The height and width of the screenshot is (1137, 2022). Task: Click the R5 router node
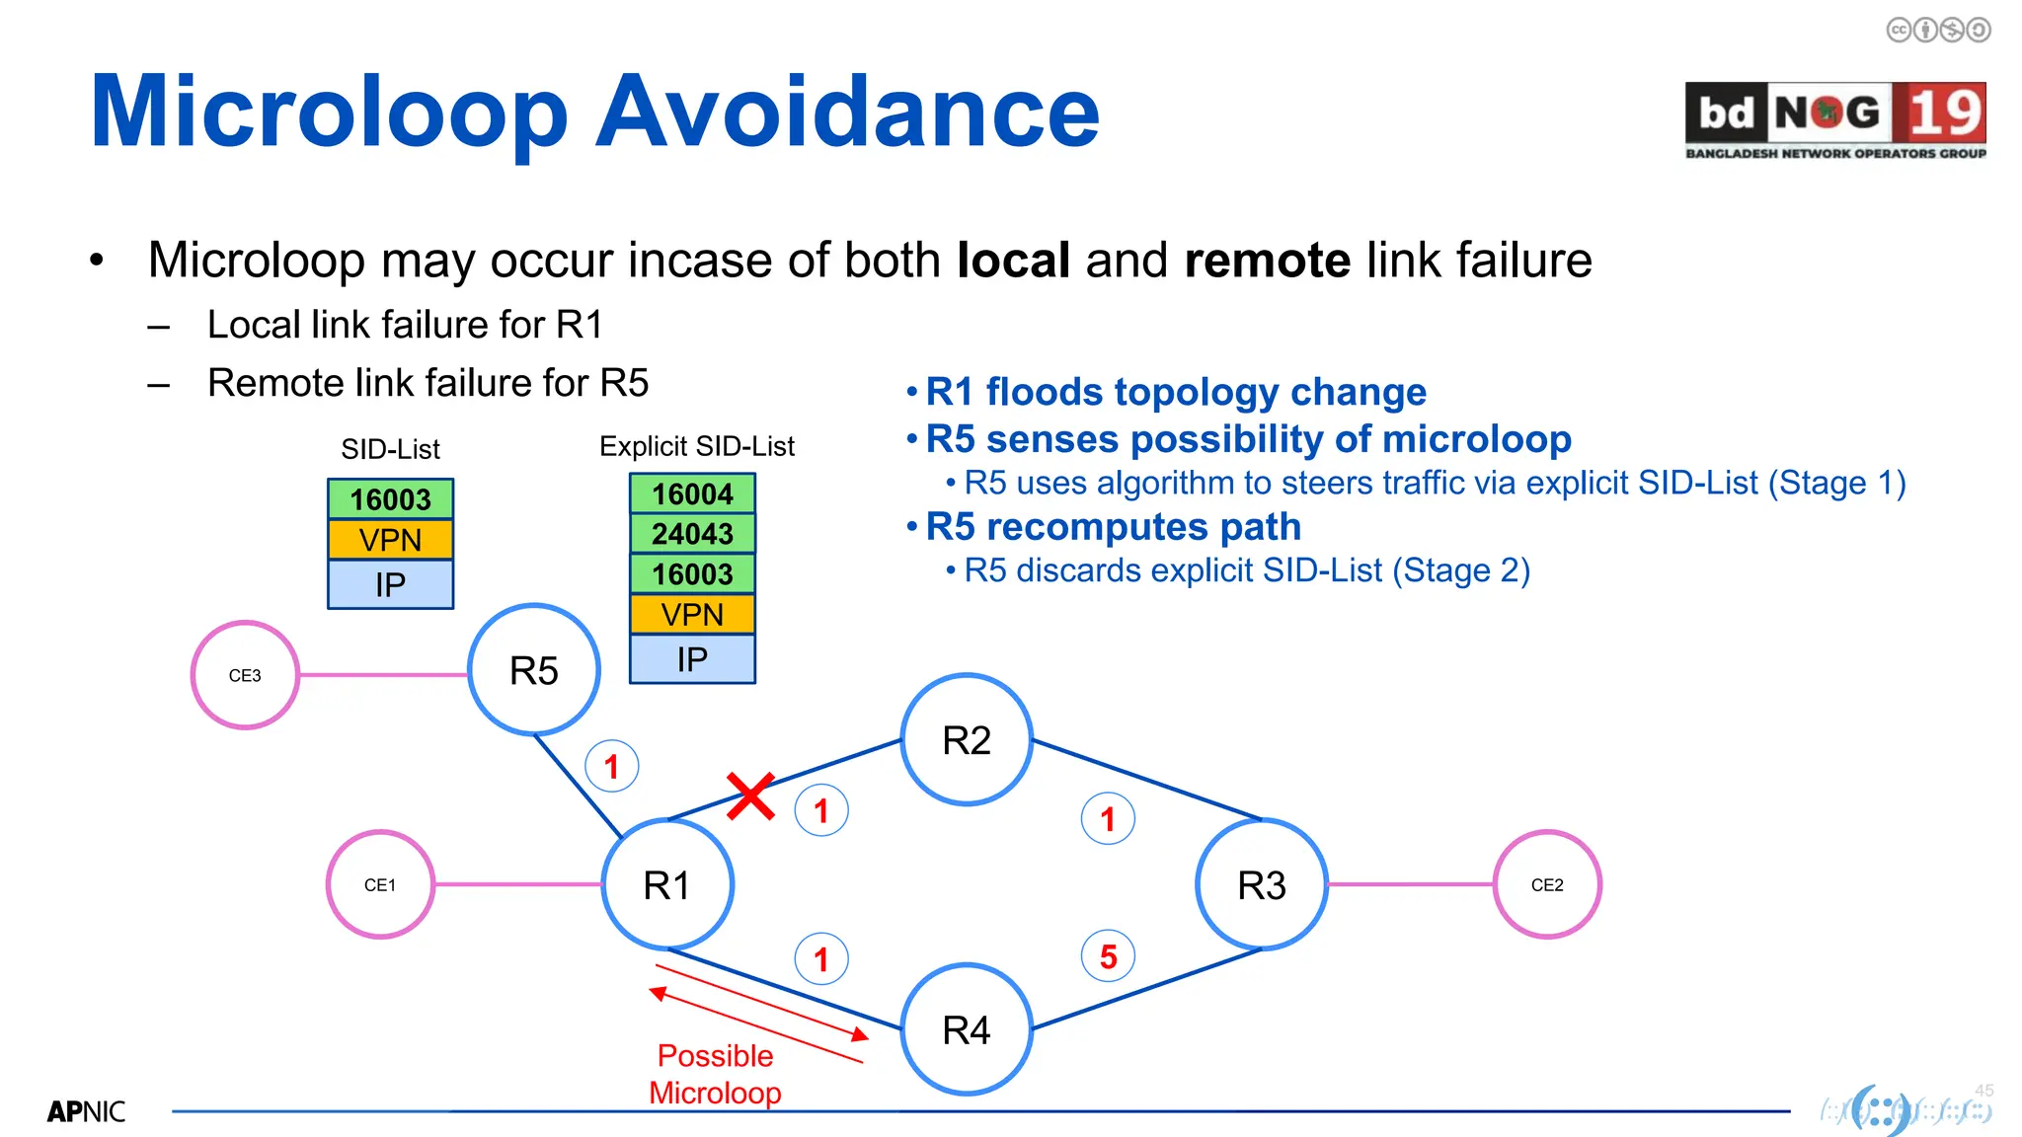point(533,670)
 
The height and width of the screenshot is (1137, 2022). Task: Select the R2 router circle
point(967,740)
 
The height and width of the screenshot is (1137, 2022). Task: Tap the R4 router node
point(967,1029)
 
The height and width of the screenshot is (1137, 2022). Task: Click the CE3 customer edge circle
point(245,675)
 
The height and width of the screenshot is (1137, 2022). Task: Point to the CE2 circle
point(1547,884)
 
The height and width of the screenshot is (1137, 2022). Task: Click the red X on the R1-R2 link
point(750,796)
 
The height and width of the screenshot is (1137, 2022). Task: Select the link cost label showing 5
point(1108,955)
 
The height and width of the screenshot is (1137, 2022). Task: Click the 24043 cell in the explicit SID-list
point(692,534)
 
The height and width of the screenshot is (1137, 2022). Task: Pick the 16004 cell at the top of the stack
point(692,493)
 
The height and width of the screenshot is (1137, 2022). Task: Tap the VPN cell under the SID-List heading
point(390,540)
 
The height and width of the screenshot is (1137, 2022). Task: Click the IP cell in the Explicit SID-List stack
point(692,659)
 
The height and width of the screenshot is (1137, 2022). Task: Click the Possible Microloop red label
point(715,1074)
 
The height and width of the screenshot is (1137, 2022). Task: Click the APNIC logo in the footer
point(86,1111)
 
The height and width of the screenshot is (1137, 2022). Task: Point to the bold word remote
point(1267,261)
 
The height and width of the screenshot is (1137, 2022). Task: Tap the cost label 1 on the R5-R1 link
point(611,766)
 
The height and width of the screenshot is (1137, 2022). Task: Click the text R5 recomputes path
point(1113,527)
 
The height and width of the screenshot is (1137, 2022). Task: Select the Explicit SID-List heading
point(696,447)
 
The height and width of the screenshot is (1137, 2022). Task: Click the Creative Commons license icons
point(1938,30)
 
